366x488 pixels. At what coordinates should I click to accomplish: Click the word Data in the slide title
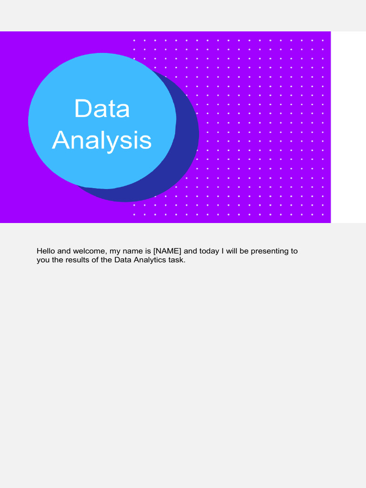pos(102,109)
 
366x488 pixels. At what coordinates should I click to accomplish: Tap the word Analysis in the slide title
pos(102,141)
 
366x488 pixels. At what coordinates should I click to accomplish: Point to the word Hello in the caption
pos(46,251)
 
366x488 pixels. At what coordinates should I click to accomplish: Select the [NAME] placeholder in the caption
pos(167,251)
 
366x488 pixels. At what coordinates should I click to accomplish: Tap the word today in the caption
pos(209,251)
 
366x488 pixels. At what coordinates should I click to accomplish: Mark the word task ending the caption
pos(176,260)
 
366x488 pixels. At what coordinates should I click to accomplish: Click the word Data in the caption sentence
pos(122,260)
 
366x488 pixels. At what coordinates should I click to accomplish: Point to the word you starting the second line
pos(43,260)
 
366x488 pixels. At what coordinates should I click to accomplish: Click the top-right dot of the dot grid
pos(323,41)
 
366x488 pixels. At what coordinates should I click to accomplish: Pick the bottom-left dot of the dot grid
pos(134,214)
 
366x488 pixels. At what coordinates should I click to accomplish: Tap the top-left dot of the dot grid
pos(134,41)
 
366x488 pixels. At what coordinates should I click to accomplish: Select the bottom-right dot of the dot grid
pos(323,214)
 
